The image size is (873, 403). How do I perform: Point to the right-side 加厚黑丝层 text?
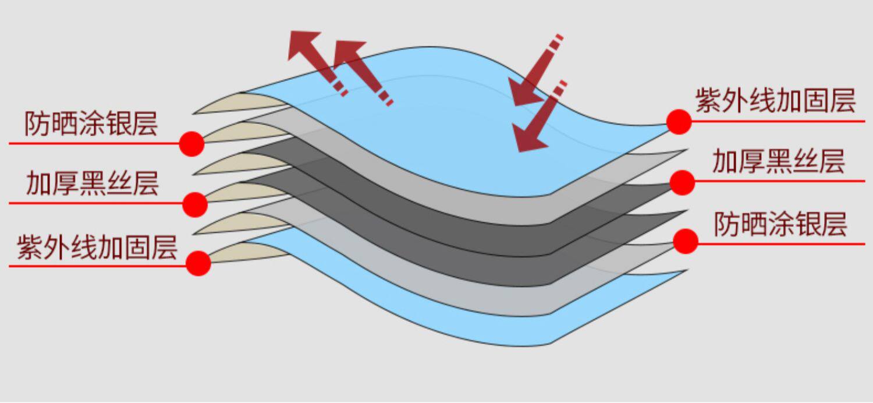779,161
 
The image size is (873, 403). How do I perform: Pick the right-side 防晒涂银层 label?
780,224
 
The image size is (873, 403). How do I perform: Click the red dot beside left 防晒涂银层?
191,144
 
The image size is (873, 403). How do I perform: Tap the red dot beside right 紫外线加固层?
679,122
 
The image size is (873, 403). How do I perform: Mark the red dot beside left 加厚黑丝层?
195,204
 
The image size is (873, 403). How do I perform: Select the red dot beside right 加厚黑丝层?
682,182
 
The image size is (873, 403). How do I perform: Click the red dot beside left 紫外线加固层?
198,263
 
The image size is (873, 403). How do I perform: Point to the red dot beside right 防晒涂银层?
686,241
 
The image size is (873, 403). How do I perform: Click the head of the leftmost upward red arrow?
304,44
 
